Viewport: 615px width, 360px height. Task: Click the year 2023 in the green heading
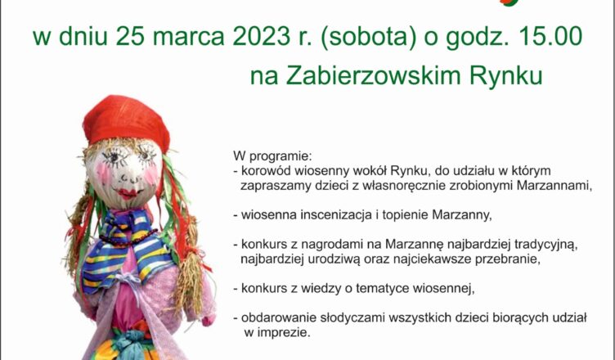[258, 37]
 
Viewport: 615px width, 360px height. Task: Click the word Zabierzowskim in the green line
[373, 75]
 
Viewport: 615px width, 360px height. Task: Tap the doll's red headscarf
[126, 122]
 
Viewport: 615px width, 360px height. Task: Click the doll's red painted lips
[128, 193]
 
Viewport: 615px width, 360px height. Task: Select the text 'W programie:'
[272, 156]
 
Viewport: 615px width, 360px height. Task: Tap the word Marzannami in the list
[554, 186]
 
